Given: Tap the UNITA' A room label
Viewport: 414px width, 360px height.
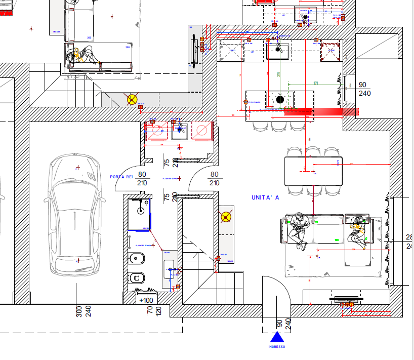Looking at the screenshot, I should (x=265, y=197).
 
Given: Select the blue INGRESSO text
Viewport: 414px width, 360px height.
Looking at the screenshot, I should (x=276, y=347).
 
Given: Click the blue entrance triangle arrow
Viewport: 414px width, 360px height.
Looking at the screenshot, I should (x=276, y=338).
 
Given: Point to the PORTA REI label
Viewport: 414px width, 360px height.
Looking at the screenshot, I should (x=121, y=177).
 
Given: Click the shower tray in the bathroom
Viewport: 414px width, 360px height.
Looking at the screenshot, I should (x=140, y=214).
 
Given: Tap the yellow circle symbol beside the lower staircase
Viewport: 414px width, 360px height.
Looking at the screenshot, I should (x=225, y=218).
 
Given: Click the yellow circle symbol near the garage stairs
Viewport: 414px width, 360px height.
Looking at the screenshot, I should (x=132, y=99).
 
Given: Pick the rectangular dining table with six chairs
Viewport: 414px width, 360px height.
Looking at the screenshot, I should (x=313, y=171).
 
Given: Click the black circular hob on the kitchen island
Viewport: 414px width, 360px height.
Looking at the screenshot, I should (x=280, y=99).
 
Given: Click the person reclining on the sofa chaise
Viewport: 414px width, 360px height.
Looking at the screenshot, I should (x=358, y=231).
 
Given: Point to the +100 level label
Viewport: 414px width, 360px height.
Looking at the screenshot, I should (x=146, y=300).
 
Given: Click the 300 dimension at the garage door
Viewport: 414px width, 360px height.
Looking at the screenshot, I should (x=79, y=311).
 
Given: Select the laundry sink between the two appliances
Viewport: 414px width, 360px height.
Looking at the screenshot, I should (x=179, y=131).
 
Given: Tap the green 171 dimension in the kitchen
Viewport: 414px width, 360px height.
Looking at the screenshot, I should (x=315, y=83).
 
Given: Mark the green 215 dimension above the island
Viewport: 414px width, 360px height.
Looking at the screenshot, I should (x=278, y=74).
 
